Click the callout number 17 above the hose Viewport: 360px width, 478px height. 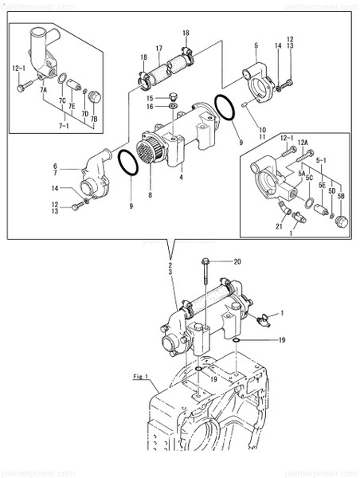coord(159,48)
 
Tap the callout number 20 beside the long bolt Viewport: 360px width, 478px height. coord(237,261)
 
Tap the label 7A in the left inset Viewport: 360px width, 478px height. coord(44,92)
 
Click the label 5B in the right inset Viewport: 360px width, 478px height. coord(341,196)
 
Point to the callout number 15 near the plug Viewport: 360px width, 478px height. coord(149,97)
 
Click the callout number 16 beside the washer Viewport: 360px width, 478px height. coord(149,106)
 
